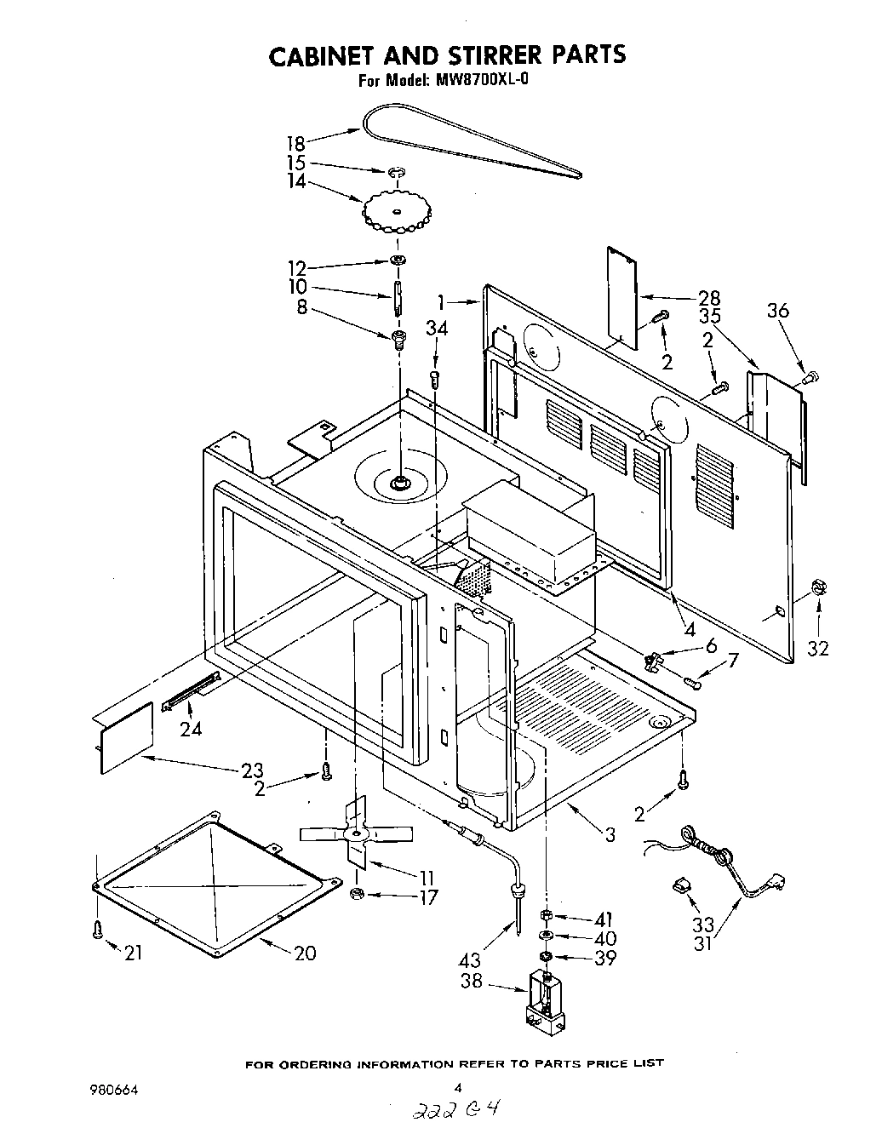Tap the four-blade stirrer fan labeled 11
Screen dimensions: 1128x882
356,833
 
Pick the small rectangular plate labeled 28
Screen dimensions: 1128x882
621,297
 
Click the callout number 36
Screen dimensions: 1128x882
777,311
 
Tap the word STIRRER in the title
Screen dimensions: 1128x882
477,54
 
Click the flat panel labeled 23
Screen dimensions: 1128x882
127,737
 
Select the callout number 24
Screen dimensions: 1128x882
191,730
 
